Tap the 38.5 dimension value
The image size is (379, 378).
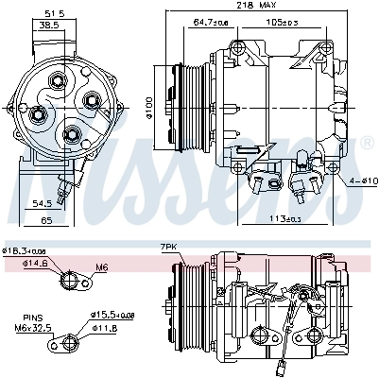(x=46, y=27)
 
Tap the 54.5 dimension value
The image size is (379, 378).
(x=41, y=203)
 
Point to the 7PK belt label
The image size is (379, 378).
(x=169, y=248)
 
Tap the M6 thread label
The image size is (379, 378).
(x=102, y=267)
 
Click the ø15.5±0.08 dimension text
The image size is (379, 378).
(x=112, y=314)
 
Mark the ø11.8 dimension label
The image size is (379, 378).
(x=104, y=328)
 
